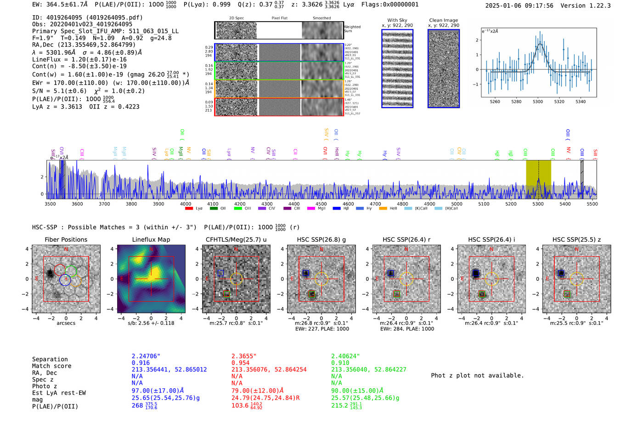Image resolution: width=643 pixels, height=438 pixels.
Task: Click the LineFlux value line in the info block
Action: pyautogui.click(x=79, y=59)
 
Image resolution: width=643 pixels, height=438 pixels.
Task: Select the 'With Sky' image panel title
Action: pyautogui.click(x=397, y=20)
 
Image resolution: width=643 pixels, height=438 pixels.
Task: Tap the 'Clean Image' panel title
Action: pyautogui.click(x=443, y=20)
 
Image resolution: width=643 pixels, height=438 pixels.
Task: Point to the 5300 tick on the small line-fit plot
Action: pyautogui.click(x=537, y=102)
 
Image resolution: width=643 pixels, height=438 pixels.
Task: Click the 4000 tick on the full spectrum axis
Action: pyautogui.click(x=186, y=204)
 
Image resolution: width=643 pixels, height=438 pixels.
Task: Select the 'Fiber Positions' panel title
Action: pyautogui.click(x=66, y=239)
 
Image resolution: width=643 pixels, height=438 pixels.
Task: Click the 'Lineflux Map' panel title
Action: pyautogui.click(x=151, y=239)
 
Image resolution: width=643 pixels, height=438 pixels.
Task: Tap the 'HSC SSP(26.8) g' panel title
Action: pyautogui.click(x=321, y=239)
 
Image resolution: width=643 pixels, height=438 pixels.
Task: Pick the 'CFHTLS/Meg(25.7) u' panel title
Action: pyautogui.click(x=236, y=239)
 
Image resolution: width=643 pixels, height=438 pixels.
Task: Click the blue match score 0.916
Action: pyautogui.click(x=141, y=363)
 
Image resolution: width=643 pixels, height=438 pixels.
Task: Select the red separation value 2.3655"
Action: pyautogui.click(x=243, y=356)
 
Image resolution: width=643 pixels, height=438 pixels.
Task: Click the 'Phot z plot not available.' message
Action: pyautogui.click(x=477, y=375)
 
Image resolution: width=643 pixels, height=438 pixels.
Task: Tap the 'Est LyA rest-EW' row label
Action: pyautogui.click(x=59, y=393)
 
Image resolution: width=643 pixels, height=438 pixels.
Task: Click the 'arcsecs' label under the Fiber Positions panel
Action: pyautogui.click(x=66, y=323)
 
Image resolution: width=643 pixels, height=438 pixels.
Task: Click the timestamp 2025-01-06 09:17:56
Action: pyautogui.click(x=519, y=6)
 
